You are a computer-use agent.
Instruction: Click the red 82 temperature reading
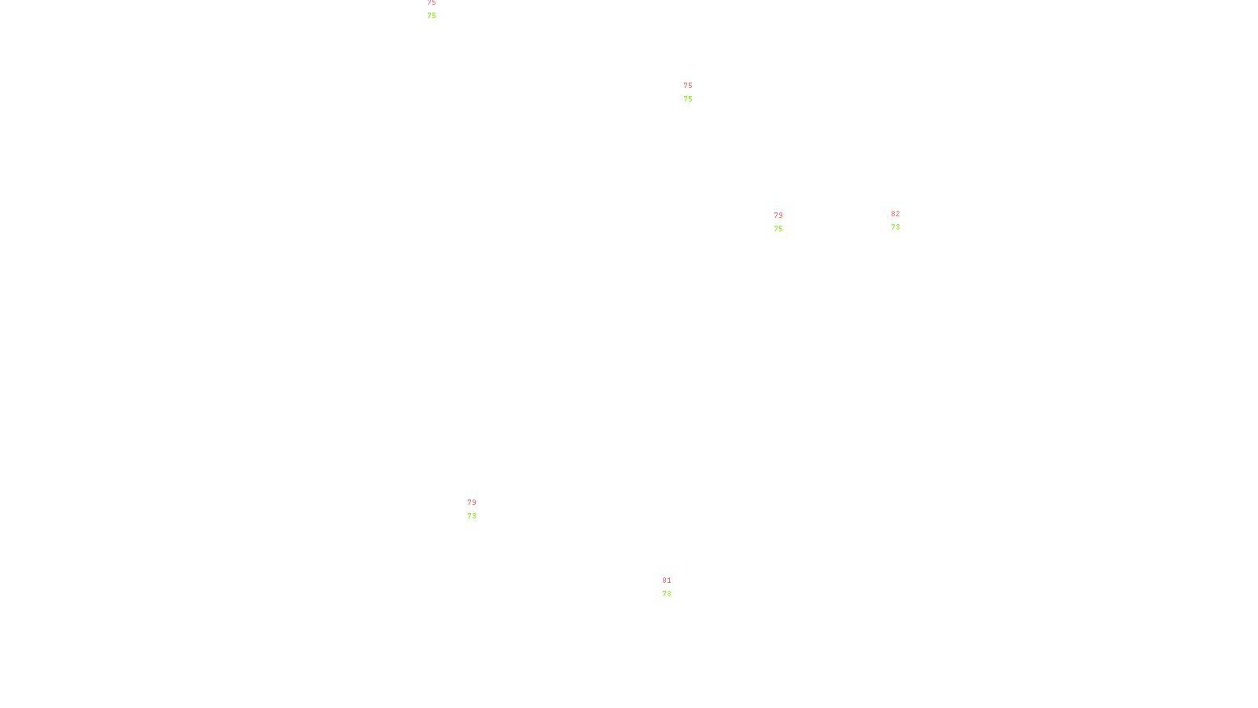(x=896, y=214)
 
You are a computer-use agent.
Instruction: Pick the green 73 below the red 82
(x=896, y=227)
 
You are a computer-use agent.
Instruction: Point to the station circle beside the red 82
(x=903, y=221)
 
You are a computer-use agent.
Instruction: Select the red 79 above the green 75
(x=778, y=216)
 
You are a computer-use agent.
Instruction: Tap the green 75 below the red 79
(x=778, y=229)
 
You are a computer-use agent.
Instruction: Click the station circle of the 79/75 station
(x=786, y=222)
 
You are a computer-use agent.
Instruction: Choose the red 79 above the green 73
(x=472, y=503)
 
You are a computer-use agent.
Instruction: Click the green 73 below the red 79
(x=472, y=516)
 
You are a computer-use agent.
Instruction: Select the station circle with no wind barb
(x=480, y=510)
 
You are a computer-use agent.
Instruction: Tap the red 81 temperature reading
(x=666, y=581)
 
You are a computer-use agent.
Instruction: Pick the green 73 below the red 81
(x=667, y=594)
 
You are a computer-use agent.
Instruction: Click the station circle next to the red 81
(x=675, y=587)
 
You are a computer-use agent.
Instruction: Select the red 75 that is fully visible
(x=688, y=86)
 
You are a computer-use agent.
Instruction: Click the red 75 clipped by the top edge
(x=432, y=2)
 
